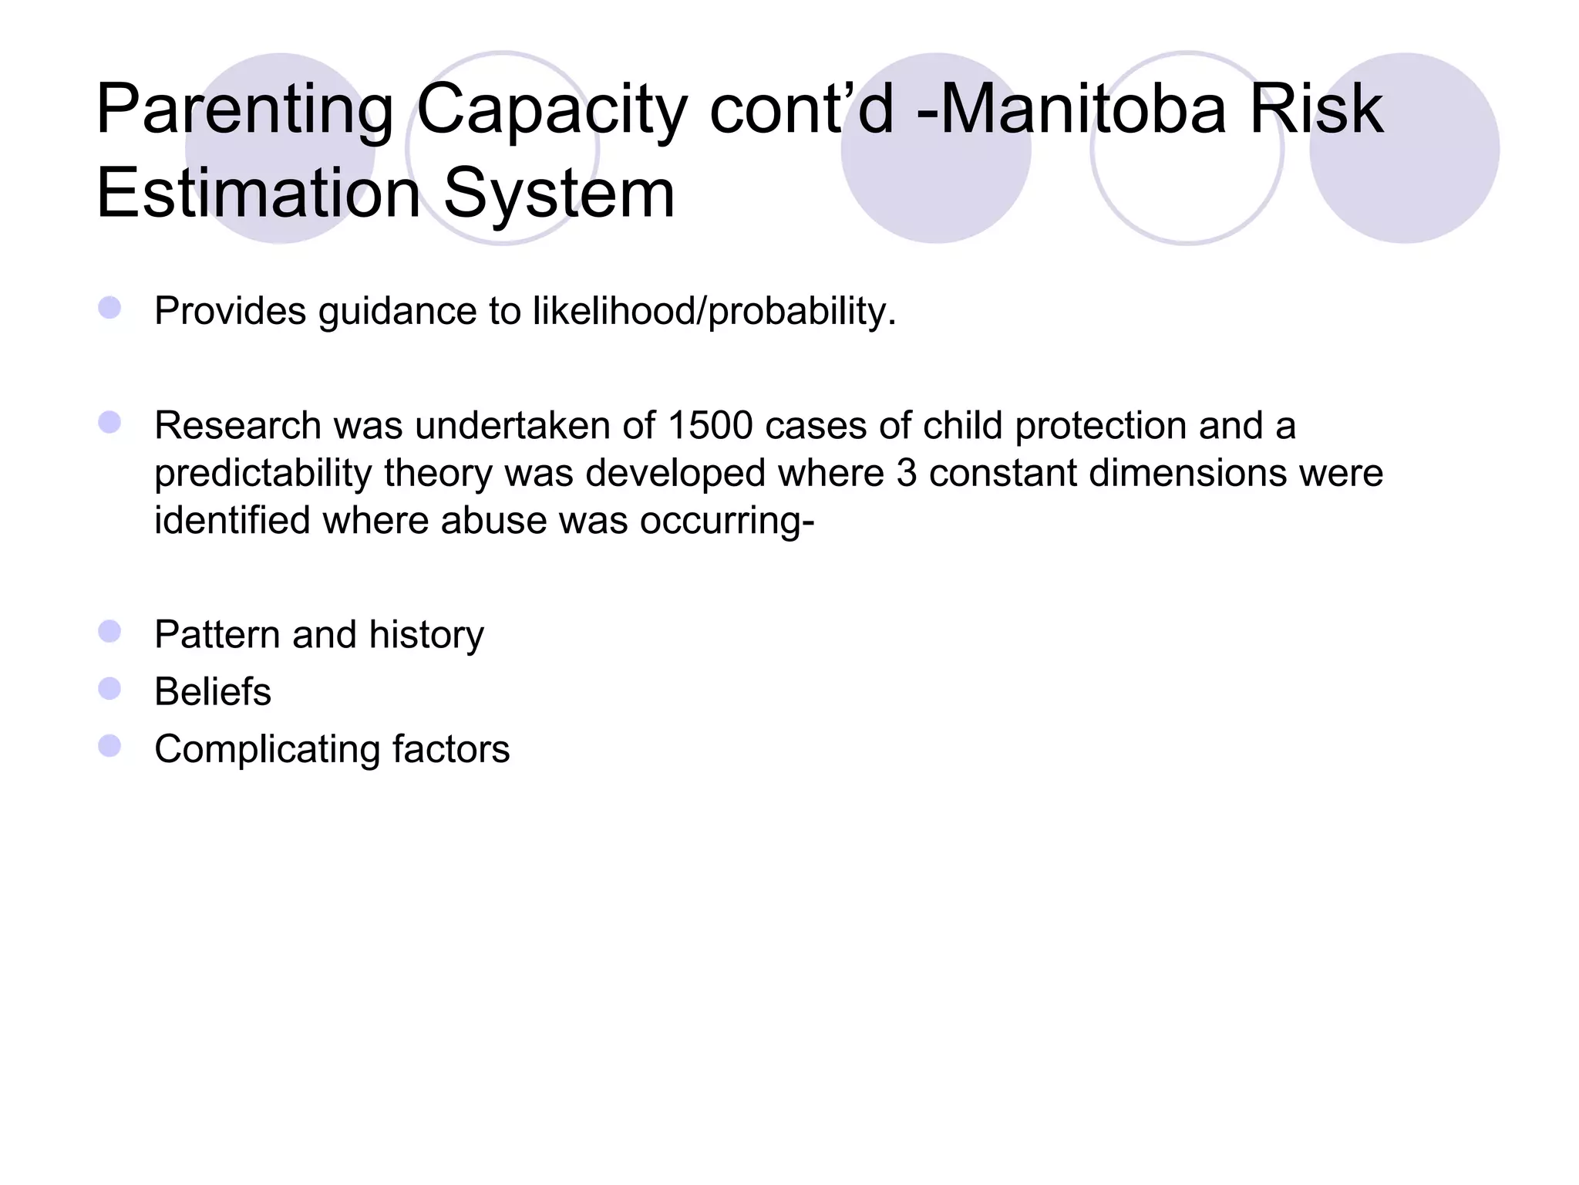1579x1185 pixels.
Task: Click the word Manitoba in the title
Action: (x=1082, y=110)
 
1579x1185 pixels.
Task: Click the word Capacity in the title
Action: (x=551, y=110)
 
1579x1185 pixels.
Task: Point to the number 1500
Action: (x=710, y=425)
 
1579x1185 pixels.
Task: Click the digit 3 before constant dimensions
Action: (x=907, y=473)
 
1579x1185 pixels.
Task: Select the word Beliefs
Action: (x=213, y=691)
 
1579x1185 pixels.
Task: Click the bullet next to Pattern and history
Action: (x=109, y=632)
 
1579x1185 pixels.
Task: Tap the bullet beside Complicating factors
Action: (x=109, y=746)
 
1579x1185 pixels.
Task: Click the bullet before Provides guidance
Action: (x=109, y=308)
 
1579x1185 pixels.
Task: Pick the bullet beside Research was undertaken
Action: (x=109, y=422)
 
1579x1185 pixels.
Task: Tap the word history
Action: (x=426, y=635)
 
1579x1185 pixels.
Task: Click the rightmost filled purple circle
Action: (x=1404, y=148)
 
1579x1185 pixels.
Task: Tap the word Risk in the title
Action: (x=1315, y=110)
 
